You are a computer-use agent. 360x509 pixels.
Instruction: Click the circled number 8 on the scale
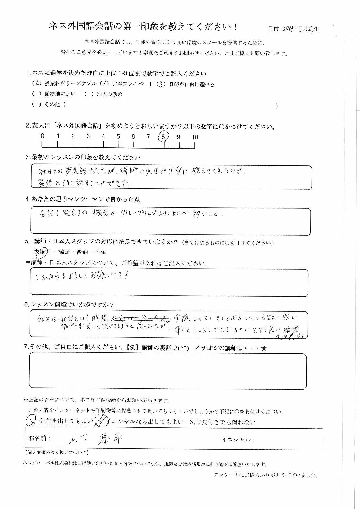(x=164, y=137)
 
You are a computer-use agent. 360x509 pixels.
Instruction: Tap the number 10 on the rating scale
(x=195, y=137)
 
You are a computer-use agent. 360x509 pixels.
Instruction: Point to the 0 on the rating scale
(x=43, y=136)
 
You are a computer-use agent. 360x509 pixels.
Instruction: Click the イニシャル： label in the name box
(x=238, y=440)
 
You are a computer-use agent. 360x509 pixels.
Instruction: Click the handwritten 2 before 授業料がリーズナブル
(x=37, y=84)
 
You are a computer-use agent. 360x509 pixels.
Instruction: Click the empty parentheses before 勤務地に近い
(x=37, y=94)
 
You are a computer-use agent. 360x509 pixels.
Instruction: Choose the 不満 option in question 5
(x=100, y=252)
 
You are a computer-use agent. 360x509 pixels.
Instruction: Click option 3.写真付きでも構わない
(x=222, y=422)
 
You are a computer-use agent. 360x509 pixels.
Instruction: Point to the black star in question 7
(x=263, y=348)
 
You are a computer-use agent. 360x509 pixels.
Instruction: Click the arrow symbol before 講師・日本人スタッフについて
(x=28, y=263)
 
